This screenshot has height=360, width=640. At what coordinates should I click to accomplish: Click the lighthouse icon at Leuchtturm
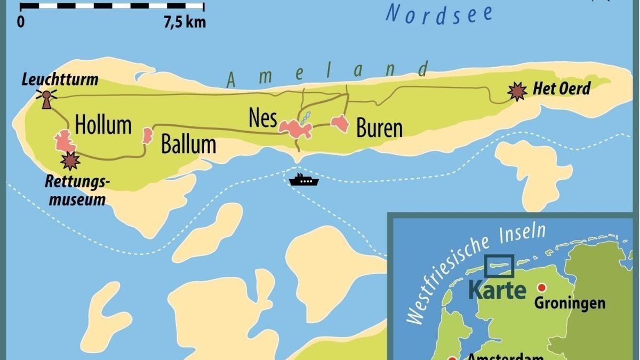pyautogui.click(x=46, y=99)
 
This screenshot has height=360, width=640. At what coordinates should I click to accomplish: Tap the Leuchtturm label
pyautogui.click(x=60, y=80)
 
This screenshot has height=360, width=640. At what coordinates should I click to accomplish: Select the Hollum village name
pyautogui.click(x=103, y=125)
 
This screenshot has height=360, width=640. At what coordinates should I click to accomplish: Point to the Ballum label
pyautogui.click(x=188, y=145)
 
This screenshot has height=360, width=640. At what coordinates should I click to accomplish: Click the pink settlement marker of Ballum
pyautogui.click(x=147, y=135)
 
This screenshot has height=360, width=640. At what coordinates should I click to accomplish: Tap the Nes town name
pyautogui.click(x=262, y=118)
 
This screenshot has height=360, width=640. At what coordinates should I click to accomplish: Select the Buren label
pyautogui.click(x=379, y=129)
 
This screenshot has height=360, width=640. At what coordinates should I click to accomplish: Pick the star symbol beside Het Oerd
pyautogui.click(x=517, y=92)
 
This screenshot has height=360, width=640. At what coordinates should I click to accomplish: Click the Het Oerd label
pyautogui.click(x=562, y=89)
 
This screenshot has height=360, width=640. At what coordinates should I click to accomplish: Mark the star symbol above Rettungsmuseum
pyautogui.click(x=70, y=160)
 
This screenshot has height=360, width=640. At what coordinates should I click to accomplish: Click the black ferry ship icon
pyautogui.click(x=303, y=180)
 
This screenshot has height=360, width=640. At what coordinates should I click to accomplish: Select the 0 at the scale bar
pyautogui.click(x=21, y=22)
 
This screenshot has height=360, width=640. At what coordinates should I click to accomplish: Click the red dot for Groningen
pyautogui.click(x=542, y=287)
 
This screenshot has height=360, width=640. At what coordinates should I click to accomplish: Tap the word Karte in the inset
pyautogui.click(x=497, y=290)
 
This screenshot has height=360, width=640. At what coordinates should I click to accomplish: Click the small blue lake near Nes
pyautogui.click(x=305, y=117)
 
